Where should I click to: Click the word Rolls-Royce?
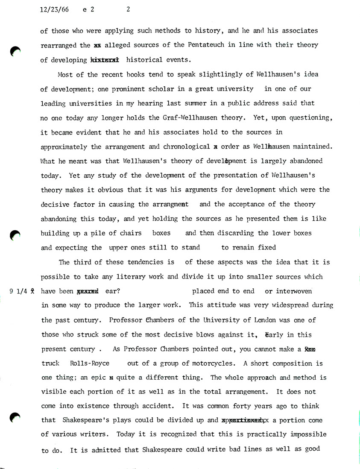89,363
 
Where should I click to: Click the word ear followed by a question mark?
113,291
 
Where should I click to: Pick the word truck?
50,363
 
